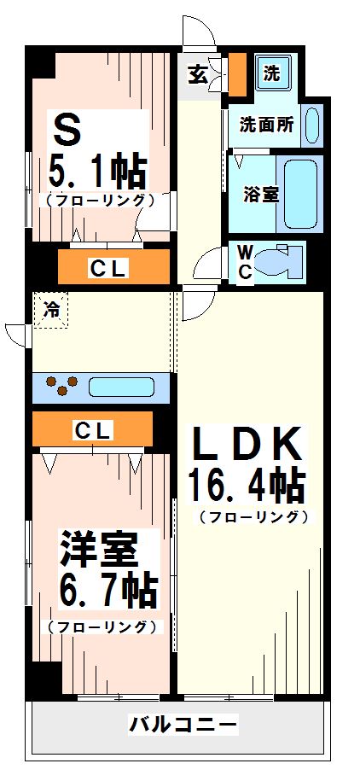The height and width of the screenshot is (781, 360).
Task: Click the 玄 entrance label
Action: pos(197,75)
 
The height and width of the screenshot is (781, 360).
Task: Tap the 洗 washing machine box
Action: pos(271,73)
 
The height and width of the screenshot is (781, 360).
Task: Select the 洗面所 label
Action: pos(266,125)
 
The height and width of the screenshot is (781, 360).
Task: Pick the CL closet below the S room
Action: pos(108,268)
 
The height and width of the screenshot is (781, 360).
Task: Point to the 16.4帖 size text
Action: pos(247,487)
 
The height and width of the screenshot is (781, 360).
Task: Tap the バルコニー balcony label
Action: pos(183,725)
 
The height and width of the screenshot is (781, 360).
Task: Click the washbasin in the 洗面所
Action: pos(311,125)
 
